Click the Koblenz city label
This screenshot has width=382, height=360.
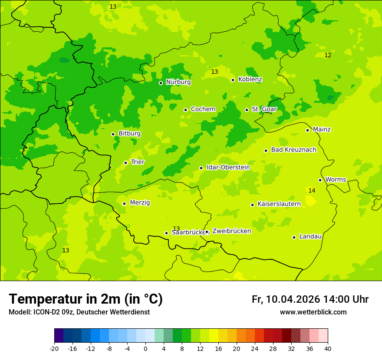[x=250, y=79]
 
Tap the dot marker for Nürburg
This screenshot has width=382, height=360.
[x=161, y=83]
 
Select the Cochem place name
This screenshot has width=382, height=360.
[x=203, y=109]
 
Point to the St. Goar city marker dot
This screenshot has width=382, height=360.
[x=247, y=110]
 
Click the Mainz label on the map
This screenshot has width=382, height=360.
[x=322, y=130]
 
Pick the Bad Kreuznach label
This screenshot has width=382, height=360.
[x=293, y=150]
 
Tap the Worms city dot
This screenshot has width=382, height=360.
[x=320, y=180]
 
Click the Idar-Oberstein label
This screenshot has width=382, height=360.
[x=228, y=167]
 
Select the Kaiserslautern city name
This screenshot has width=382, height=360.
[x=279, y=204]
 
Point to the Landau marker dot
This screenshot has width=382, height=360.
[x=294, y=237]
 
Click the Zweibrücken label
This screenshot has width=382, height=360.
[x=231, y=231]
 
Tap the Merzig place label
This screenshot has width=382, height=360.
[x=140, y=203]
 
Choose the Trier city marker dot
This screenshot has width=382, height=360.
[x=125, y=163]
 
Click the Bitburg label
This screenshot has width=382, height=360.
[x=129, y=134]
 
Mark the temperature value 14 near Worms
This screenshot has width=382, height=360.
[x=312, y=191]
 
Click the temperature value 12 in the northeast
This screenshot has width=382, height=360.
[x=328, y=55]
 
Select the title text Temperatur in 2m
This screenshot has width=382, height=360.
[x=86, y=299]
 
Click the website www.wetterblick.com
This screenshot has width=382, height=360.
[x=313, y=312]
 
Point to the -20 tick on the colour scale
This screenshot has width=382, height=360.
[x=54, y=349]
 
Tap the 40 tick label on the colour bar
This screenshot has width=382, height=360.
[x=328, y=349]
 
